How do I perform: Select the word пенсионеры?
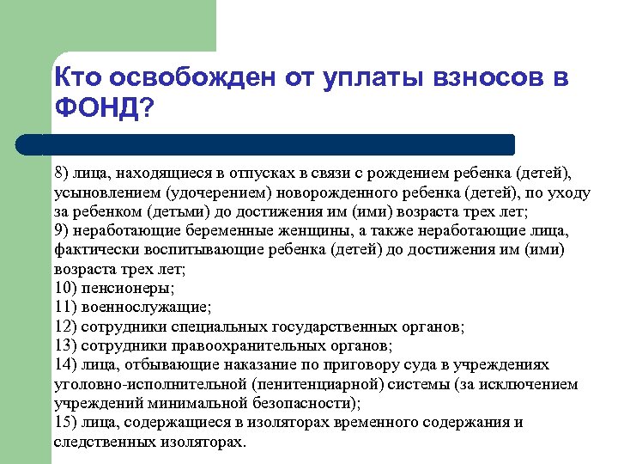click(129, 288)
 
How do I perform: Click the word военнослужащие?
click(147, 307)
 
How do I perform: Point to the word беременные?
click(203, 231)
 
